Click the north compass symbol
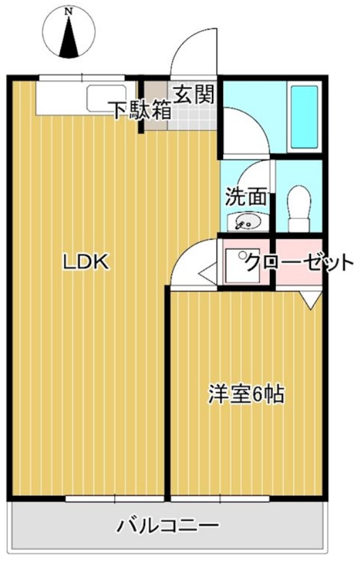point(69,36)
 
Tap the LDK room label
point(86,262)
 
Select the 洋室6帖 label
point(246,395)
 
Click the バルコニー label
point(168,527)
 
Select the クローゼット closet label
point(299,263)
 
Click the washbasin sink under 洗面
point(245,220)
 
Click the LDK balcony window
point(115,498)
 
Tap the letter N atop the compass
point(69,10)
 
